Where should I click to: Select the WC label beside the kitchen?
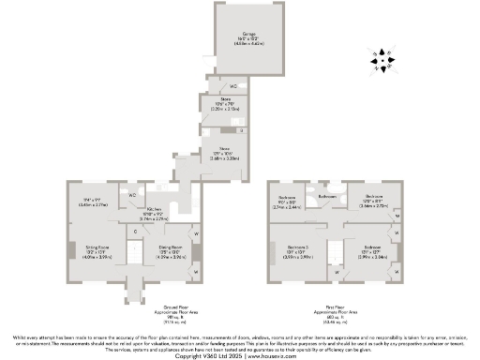tap(133, 195)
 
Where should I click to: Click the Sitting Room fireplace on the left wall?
tap(66, 251)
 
